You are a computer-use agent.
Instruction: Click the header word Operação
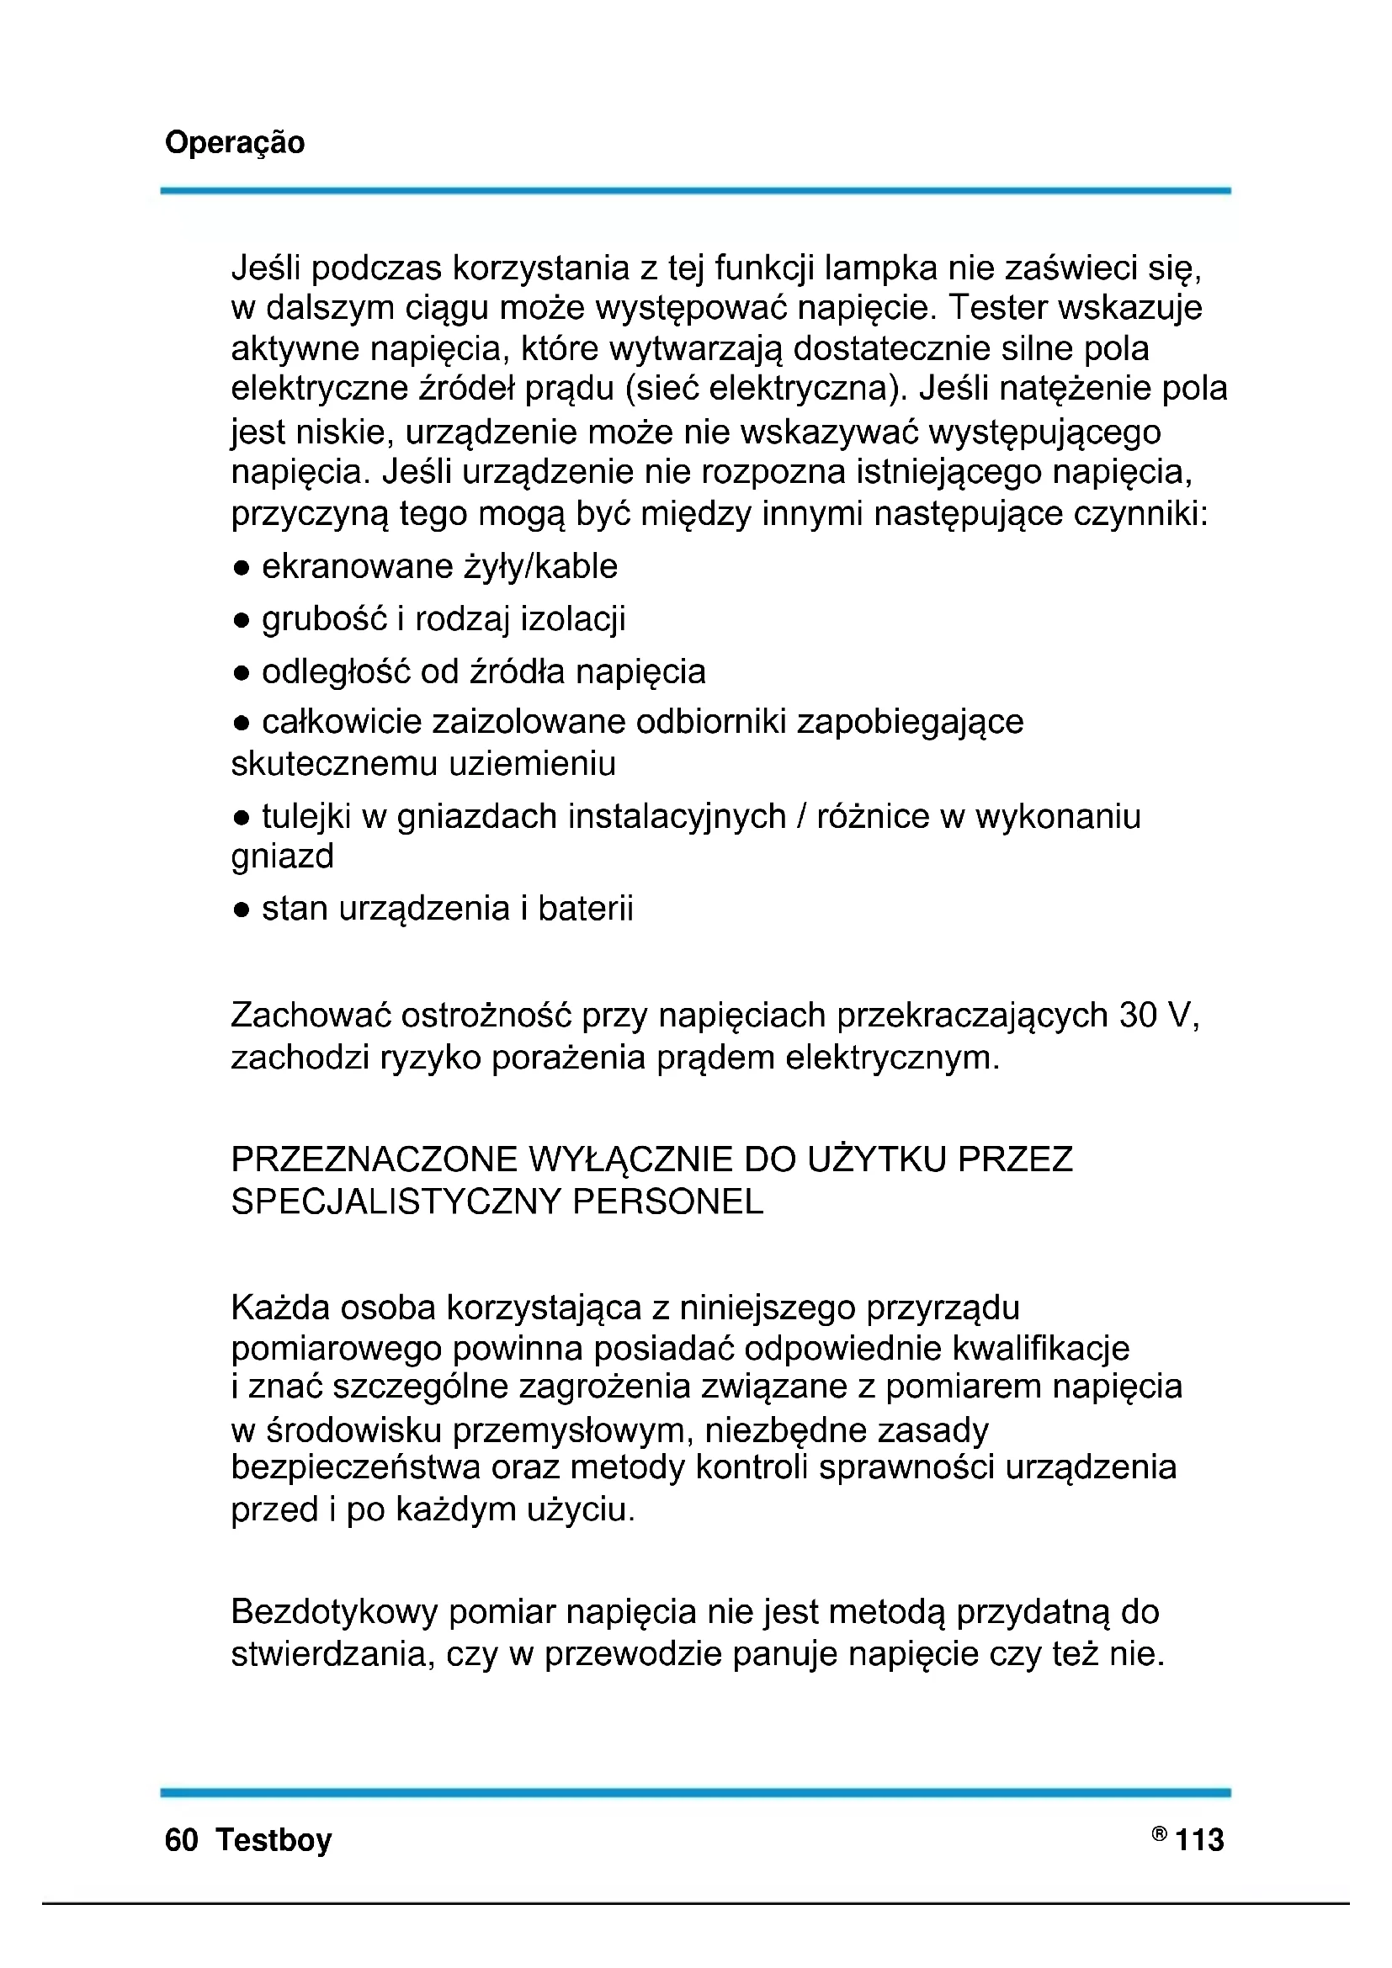234,143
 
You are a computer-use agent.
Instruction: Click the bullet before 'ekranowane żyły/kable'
242,568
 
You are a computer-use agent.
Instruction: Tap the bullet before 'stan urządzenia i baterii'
242,910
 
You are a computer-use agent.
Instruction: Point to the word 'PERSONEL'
667,1201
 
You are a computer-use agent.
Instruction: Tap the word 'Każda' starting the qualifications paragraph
280,1309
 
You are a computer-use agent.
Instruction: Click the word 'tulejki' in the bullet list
306,817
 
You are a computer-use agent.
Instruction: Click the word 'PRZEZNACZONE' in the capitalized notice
375,1159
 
